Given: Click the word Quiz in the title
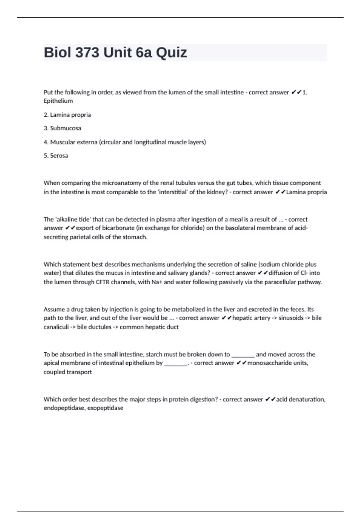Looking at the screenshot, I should pos(171,53).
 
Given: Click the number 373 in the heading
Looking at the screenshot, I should pos(87,53).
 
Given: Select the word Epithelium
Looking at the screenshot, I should pos(58,101).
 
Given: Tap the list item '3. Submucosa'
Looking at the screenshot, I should pos(62,128).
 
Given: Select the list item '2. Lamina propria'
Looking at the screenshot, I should pos(67,115).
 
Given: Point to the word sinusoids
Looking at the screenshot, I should pos(291,318).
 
